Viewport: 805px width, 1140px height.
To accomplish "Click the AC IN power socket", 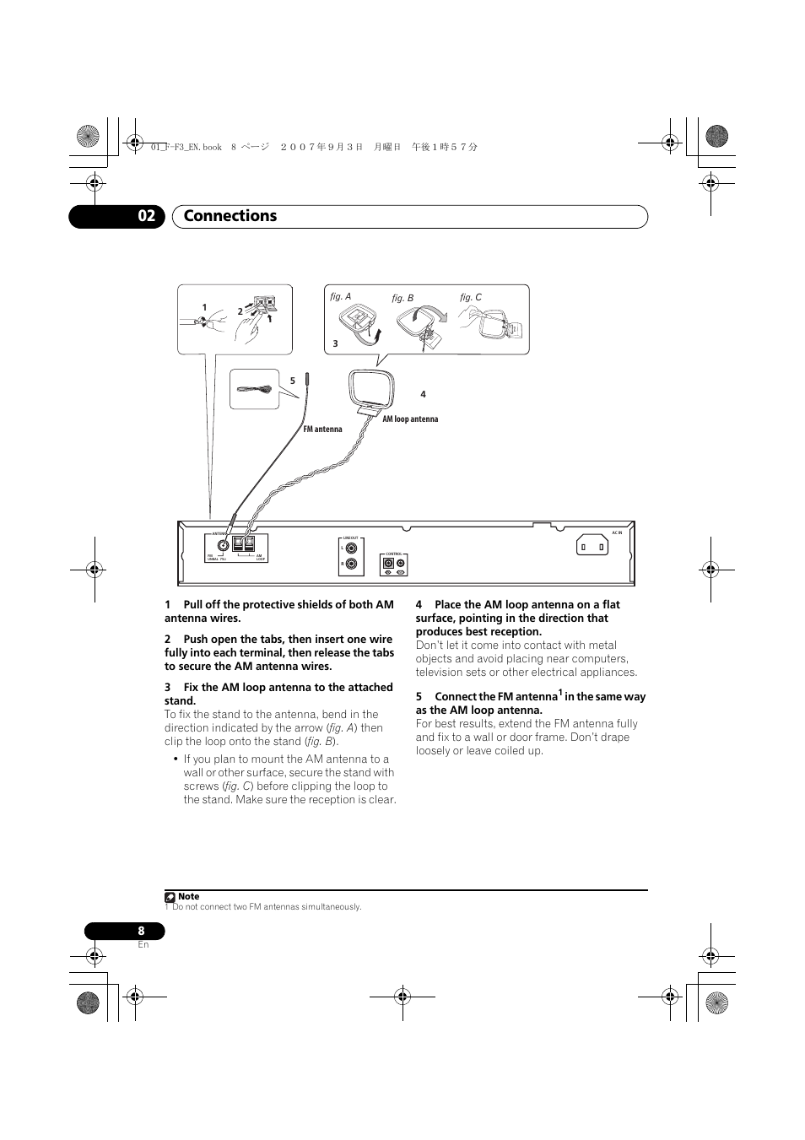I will tap(592, 547).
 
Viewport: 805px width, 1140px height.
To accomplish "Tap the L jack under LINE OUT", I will tap(351, 548).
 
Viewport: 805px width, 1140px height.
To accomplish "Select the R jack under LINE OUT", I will tap(351, 564).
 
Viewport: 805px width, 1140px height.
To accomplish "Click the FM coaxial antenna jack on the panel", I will tap(224, 545).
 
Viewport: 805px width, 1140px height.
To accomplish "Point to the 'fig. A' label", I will tap(340, 297).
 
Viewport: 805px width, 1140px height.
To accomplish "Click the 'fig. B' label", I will tap(402, 299).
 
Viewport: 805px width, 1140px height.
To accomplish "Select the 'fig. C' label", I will tap(470, 298).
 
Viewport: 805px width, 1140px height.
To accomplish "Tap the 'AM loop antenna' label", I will tap(410, 419).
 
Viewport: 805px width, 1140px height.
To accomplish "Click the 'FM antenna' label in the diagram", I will tap(322, 430).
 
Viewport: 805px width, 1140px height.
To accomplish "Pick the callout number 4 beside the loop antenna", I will tap(423, 394).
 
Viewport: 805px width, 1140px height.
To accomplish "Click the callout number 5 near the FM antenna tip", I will tap(293, 381).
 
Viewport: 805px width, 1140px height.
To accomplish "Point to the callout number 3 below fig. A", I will tap(335, 344).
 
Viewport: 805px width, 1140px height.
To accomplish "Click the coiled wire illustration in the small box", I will tap(254, 389).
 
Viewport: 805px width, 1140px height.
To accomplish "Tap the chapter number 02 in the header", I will tap(147, 216).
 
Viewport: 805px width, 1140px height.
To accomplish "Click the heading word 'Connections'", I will tap(230, 216).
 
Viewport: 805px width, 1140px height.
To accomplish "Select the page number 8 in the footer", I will tap(141, 932).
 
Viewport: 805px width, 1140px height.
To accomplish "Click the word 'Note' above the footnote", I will tap(189, 897).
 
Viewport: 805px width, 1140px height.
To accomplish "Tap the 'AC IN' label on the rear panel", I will tap(617, 532).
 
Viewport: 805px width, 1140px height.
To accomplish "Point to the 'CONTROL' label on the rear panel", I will tap(393, 554).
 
